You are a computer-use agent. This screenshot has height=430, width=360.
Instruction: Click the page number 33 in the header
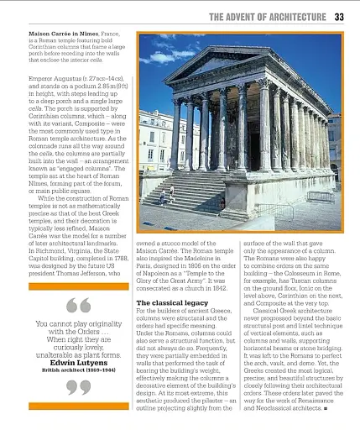[x=339, y=15]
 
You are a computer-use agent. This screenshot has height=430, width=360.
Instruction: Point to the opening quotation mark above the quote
[x=78, y=306]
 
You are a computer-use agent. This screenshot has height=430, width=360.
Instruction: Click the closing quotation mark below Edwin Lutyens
[x=77, y=387]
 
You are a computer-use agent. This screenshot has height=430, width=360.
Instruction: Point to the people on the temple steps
[x=164, y=196]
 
